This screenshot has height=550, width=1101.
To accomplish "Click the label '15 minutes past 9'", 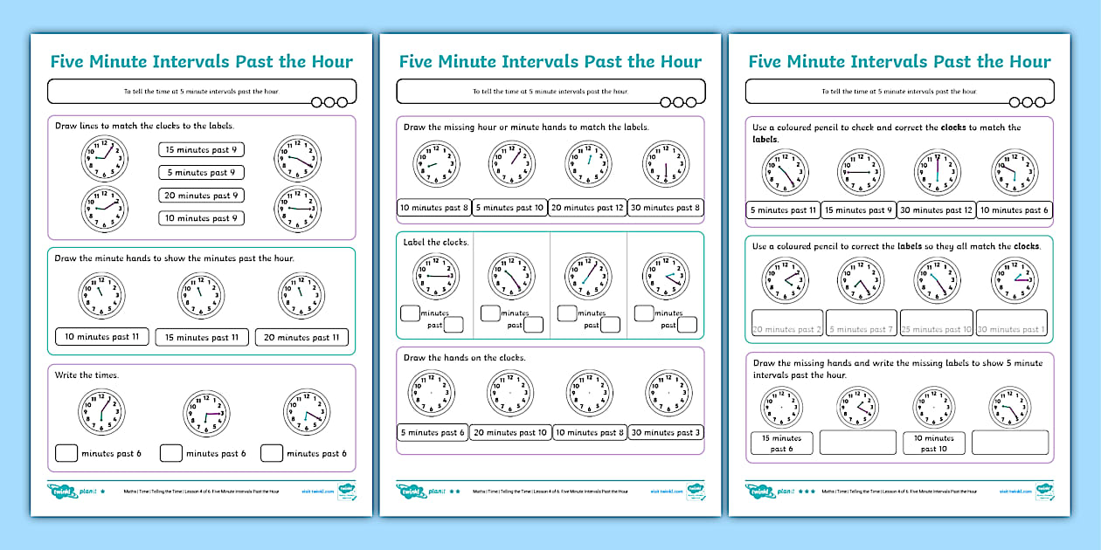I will click(x=201, y=150).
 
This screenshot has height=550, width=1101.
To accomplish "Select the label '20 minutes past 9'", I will click(x=201, y=196).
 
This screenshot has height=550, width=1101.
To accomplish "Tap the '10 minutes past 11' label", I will click(x=102, y=337).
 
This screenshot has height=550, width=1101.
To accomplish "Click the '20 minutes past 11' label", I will click(x=301, y=337).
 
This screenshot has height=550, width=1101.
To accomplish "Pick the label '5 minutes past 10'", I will click(x=510, y=208).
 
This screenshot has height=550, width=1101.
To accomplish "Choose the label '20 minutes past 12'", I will click(x=587, y=208).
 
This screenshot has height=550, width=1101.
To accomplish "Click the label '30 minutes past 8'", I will click(x=665, y=208).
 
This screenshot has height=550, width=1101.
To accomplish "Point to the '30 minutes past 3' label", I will click(x=665, y=432).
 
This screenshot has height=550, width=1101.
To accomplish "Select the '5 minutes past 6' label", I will click(x=433, y=432).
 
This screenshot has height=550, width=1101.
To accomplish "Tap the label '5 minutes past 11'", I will click(x=783, y=210).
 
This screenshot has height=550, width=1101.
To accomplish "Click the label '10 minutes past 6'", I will click(x=1014, y=210).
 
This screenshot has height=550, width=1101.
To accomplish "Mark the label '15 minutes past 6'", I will click(x=782, y=443).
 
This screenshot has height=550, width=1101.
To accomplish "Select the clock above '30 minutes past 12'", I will click(x=937, y=170).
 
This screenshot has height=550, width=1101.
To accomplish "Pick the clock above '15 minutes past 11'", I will click(x=201, y=294).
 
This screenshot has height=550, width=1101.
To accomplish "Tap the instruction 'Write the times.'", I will click(x=87, y=375).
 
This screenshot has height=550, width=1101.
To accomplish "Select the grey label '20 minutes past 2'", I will click(x=786, y=329).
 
